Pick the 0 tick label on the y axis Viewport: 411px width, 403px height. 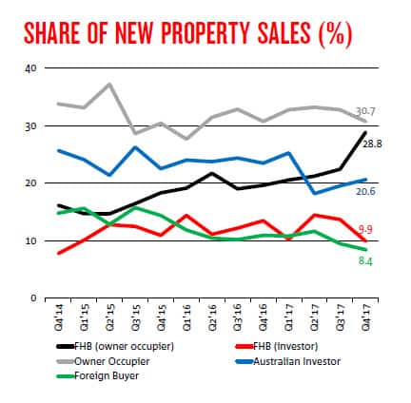click(x=34, y=298)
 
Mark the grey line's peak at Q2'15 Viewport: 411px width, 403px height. click(x=110, y=85)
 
